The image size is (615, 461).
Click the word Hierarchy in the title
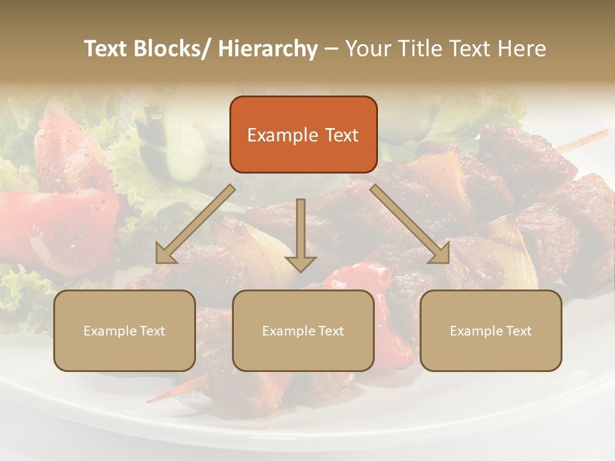click(x=268, y=49)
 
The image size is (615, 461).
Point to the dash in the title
click(x=331, y=49)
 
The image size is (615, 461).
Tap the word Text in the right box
click(x=518, y=331)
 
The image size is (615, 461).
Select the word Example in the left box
click(x=110, y=331)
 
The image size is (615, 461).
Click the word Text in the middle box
click(x=331, y=331)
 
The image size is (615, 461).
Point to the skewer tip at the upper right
click(x=602, y=134)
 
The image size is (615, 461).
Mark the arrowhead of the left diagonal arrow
click(x=165, y=256)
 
